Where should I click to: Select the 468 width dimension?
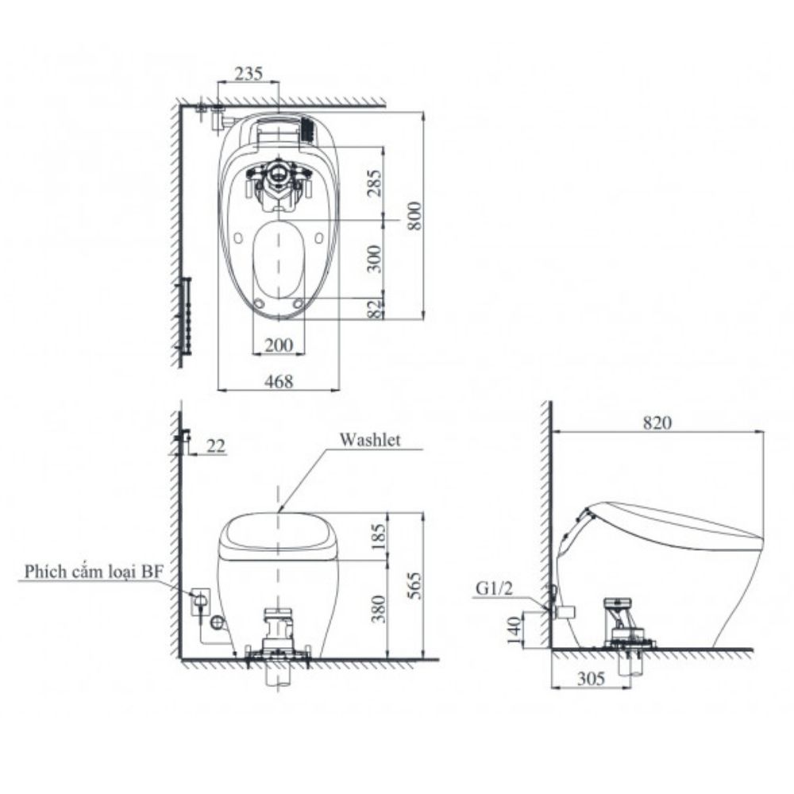pyautogui.click(x=279, y=381)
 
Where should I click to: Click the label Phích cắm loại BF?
pyautogui.click(x=92, y=571)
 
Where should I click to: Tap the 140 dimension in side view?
pyautogui.click(x=514, y=630)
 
